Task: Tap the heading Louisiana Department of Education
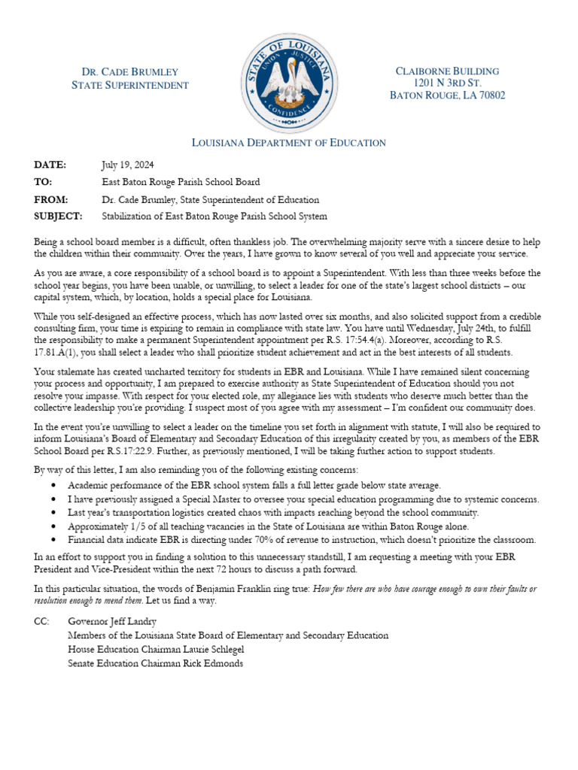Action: click(289, 143)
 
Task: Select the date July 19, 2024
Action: click(129, 165)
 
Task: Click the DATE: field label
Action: click(50, 165)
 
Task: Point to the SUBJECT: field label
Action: click(57, 217)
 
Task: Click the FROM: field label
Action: click(51, 200)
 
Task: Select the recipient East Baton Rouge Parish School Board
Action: click(181, 182)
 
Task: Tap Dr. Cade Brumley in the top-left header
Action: click(129, 72)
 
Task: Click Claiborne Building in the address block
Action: click(447, 71)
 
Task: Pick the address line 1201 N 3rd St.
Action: click(447, 83)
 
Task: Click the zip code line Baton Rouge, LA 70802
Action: click(447, 95)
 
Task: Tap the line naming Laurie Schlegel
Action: click(156, 649)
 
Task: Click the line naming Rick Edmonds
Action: click(155, 662)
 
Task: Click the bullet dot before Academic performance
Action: click(53, 487)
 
